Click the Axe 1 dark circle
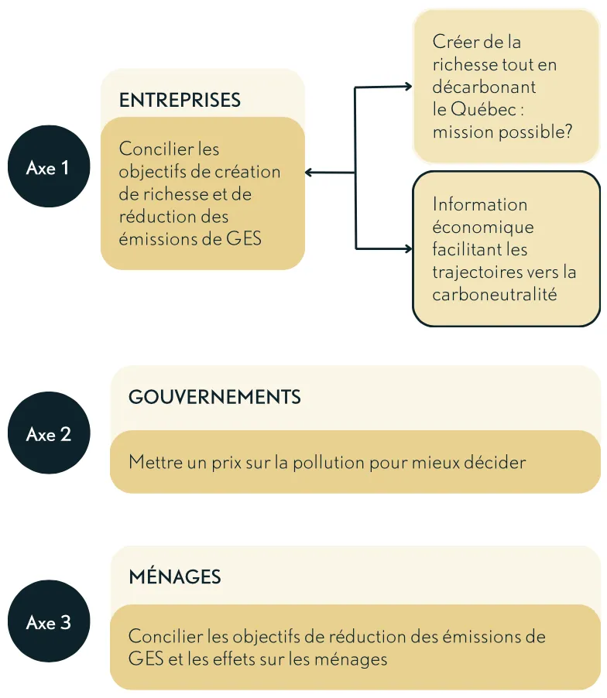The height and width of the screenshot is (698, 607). click(x=49, y=166)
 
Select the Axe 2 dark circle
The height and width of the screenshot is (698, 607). click(x=49, y=433)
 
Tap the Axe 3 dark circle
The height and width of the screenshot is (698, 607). click(x=49, y=621)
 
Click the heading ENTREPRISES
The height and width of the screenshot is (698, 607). click(x=180, y=100)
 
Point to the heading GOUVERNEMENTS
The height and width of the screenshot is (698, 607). click(x=214, y=397)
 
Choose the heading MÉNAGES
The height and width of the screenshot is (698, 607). click(x=174, y=577)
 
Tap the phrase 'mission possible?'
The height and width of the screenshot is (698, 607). click(x=502, y=132)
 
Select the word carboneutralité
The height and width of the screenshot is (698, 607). click(x=495, y=295)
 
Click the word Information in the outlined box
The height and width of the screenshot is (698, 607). click(x=480, y=205)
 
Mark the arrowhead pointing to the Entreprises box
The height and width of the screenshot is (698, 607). click(x=309, y=173)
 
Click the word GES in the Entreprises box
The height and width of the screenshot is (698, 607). click(x=244, y=239)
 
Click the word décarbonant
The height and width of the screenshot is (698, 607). click(x=484, y=87)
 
